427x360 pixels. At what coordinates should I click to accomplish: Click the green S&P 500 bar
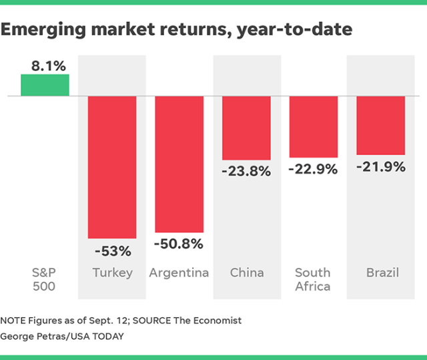45,85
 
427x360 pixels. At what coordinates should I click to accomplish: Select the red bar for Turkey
112,167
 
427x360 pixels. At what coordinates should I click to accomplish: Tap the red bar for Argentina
179,164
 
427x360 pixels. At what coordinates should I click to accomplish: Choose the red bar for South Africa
314,127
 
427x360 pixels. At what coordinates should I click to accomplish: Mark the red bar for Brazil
381,125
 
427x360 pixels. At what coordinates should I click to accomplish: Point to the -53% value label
112,252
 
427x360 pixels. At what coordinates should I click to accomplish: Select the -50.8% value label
179,244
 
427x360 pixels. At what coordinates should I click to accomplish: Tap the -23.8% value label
246,171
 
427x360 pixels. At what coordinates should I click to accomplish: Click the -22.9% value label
314,170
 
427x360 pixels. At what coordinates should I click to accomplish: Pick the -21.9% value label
381,167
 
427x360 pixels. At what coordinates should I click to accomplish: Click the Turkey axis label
112,273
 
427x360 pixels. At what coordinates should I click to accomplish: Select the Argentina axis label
179,273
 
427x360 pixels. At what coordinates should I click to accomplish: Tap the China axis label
246,273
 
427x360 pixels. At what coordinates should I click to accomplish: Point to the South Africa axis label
314,279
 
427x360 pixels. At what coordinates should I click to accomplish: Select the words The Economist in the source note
213,321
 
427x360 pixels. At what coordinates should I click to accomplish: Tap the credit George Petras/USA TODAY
64,336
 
